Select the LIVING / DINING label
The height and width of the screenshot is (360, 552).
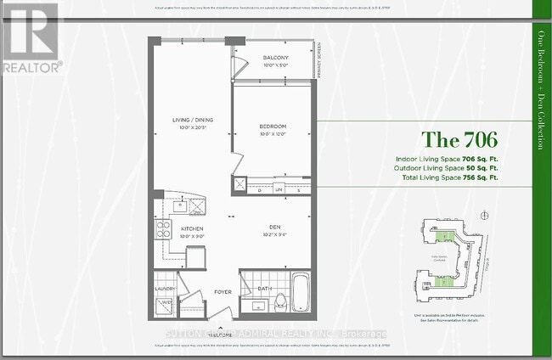pyautogui.click(x=190, y=121)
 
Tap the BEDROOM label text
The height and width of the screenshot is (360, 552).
pyautogui.click(x=274, y=126)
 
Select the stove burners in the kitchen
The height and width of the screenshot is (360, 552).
pyautogui.click(x=163, y=228)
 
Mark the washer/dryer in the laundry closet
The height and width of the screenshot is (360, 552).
pyautogui.click(x=166, y=302)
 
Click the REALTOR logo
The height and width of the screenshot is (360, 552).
pyautogui.click(x=31, y=37)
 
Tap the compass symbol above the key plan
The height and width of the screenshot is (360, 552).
pyautogui.click(x=483, y=215)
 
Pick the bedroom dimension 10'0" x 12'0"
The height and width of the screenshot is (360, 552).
pyautogui.click(x=274, y=134)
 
